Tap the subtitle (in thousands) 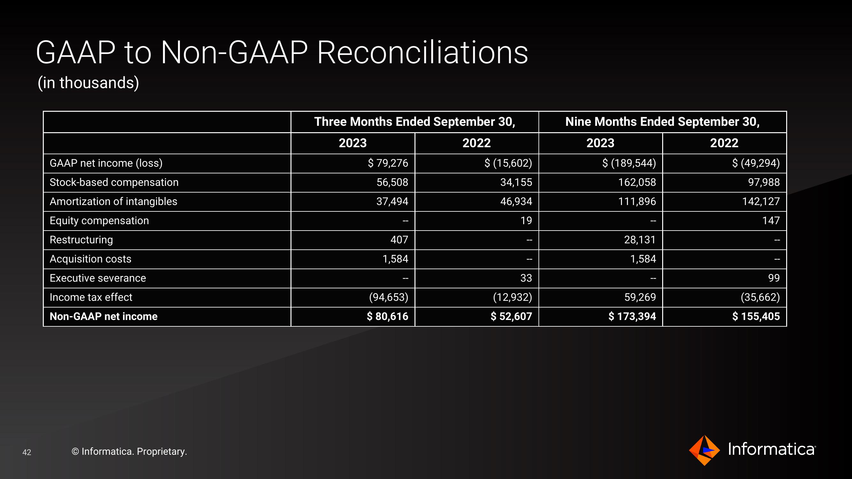(x=88, y=83)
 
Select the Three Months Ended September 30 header (x=415, y=122)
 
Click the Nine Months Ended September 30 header (x=662, y=122)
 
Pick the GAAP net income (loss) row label (x=106, y=163)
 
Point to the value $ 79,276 (x=388, y=163)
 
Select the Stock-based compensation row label (x=114, y=182)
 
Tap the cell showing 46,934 (x=516, y=201)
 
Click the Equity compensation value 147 (x=771, y=220)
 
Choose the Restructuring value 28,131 (x=640, y=240)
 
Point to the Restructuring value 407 (x=399, y=240)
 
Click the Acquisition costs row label (x=90, y=259)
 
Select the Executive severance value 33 (x=526, y=278)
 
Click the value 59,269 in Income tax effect (x=640, y=297)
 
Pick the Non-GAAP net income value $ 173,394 (x=632, y=316)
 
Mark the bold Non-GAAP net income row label (x=104, y=316)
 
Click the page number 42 (x=27, y=452)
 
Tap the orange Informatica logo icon (x=704, y=450)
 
